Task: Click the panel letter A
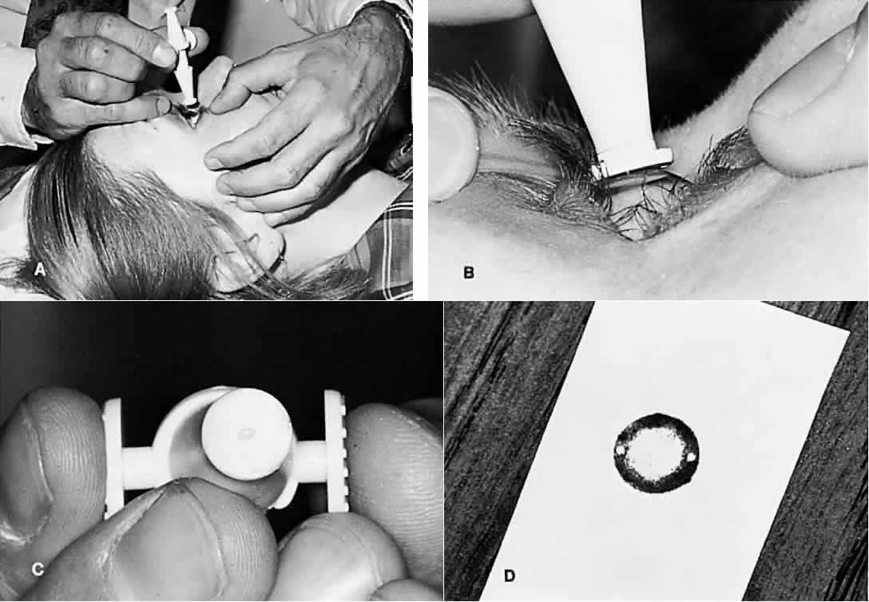coord(39,270)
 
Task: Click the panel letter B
coord(468,272)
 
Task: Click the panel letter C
coord(38,568)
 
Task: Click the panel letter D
coord(509,576)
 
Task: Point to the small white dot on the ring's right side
coord(691,457)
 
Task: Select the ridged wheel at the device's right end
coord(335,452)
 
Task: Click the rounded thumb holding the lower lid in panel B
coord(804,122)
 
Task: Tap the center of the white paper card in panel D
coord(660,451)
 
